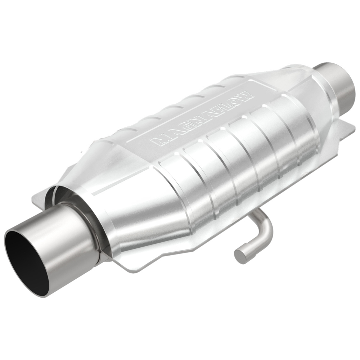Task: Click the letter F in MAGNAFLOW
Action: click(x=218, y=108)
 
